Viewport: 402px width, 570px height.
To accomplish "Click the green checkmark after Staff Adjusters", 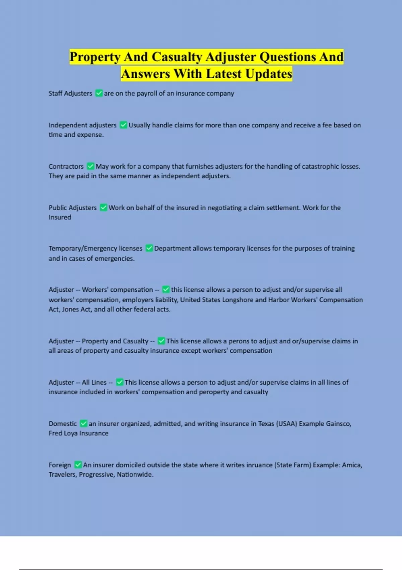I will (x=99, y=93).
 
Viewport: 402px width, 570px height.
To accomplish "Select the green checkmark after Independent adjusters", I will (x=123, y=125).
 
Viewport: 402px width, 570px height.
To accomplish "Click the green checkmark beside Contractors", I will (x=90, y=166).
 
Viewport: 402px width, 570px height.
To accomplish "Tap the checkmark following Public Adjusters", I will (x=104, y=207).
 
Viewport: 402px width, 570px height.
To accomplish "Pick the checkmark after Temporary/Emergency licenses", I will (x=149, y=248).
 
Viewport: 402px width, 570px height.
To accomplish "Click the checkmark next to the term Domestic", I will (x=83, y=423).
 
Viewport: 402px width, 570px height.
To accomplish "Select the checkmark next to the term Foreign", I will (x=78, y=465).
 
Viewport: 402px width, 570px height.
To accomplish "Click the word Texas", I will (x=266, y=424).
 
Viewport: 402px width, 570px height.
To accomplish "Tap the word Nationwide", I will (x=135, y=475).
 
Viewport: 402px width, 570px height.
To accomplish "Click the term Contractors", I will (x=66, y=167).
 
